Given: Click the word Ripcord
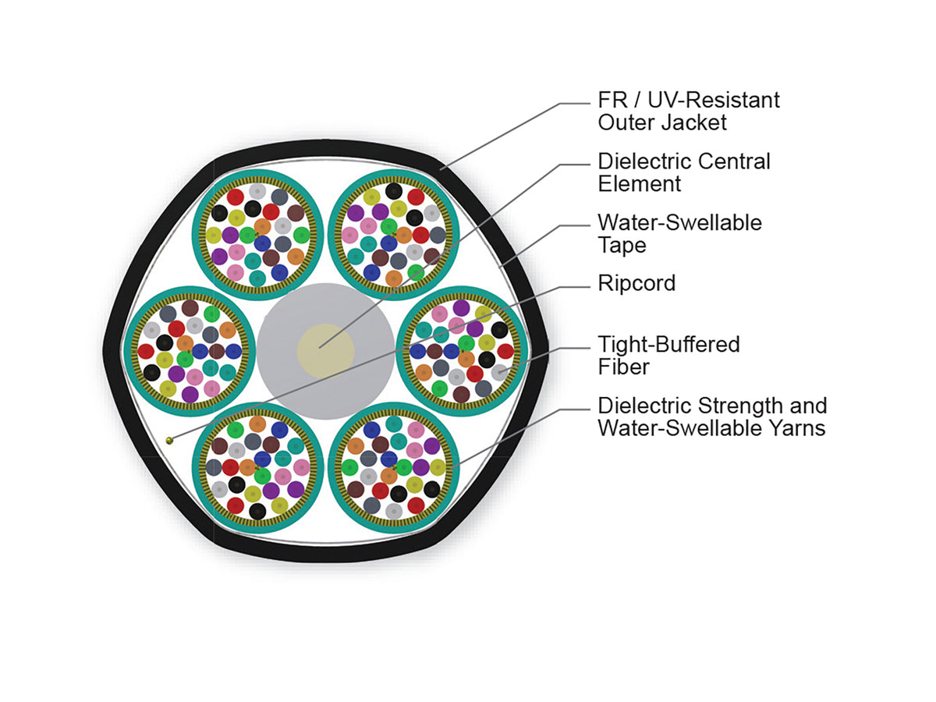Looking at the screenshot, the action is point(636,283).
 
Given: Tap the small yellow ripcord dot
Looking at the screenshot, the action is point(170,440).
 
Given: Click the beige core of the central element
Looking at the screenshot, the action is point(326,351).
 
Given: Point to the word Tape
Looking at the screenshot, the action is point(622,246).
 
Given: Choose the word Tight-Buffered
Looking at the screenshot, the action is point(668,345).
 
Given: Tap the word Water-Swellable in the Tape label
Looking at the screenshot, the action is point(679,222).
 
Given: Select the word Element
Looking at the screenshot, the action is point(639,184).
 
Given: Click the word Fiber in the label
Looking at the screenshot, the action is point(623,367).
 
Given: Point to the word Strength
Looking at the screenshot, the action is point(741,406).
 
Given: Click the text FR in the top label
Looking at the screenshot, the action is point(613,100).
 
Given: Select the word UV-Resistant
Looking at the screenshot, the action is point(714,100).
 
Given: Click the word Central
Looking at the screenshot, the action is point(734,161).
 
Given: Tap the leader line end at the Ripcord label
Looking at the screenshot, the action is point(590,287).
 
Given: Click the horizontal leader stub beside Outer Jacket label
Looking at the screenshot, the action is point(574,104).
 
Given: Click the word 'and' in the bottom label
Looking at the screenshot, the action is point(809,406).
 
